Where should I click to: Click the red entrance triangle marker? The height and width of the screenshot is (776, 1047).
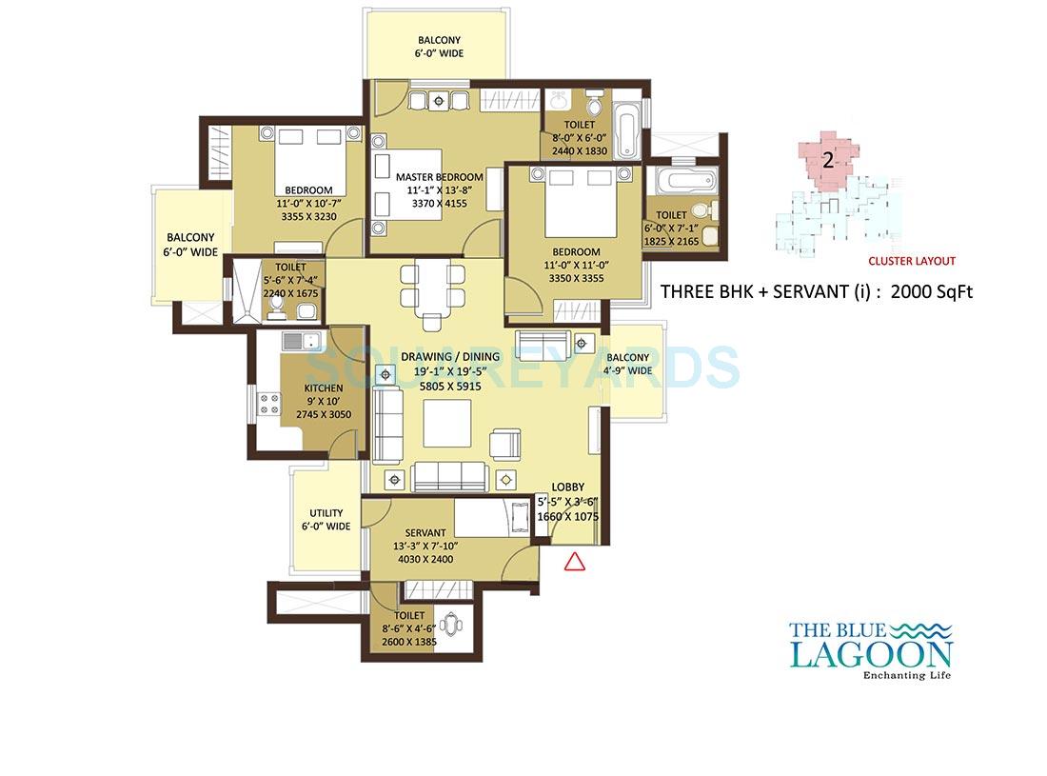(x=574, y=561)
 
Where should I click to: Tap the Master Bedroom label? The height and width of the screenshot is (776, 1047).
(x=439, y=177)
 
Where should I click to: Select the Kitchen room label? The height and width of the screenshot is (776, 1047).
(x=323, y=388)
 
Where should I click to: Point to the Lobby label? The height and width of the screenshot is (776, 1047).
(x=568, y=487)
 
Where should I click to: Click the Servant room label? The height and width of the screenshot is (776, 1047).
(x=425, y=532)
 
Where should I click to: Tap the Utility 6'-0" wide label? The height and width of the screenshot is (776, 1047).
(x=326, y=520)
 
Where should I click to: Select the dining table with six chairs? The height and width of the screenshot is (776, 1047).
(x=433, y=288)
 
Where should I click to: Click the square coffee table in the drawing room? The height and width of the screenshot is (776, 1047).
(x=446, y=423)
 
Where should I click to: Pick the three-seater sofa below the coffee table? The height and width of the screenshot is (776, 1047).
(x=449, y=475)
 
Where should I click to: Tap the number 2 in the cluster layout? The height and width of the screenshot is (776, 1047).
(x=827, y=160)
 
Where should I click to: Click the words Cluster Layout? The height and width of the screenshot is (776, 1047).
(x=911, y=261)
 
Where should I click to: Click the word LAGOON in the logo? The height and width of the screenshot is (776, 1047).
(x=870, y=655)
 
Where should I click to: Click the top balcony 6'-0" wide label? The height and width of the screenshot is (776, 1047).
(x=439, y=47)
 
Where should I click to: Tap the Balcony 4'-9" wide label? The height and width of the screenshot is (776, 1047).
(x=627, y=364)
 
